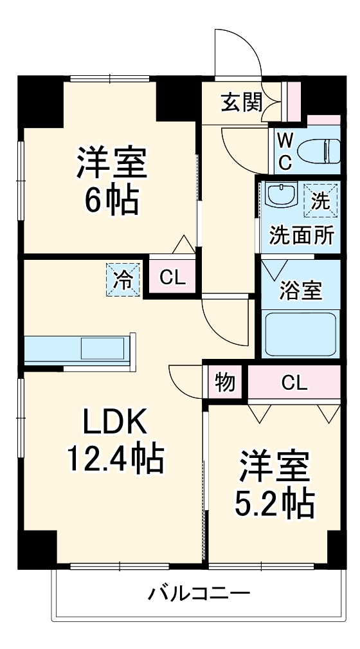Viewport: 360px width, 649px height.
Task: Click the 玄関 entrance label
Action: click(x=240, y=102)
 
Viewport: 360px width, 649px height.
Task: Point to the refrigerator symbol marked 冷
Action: click(x=123, y=280)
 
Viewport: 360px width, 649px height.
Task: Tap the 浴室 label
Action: click(x=300, y=291)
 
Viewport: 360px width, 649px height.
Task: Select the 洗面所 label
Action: click(x=301, y=235)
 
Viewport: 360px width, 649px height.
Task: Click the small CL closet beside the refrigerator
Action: click(x=173, y=278)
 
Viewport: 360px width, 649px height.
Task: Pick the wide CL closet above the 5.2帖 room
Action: click(x=294, y=383)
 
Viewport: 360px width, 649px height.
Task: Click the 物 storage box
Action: click(x=224, y=383)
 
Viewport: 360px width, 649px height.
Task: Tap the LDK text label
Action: click(x=114, y=423)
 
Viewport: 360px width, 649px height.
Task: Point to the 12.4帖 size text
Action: click(x=114, y=458)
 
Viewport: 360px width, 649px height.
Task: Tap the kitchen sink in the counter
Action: click(x=103, y=349)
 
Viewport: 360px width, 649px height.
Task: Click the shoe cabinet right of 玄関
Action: click(x=294, y=102)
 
